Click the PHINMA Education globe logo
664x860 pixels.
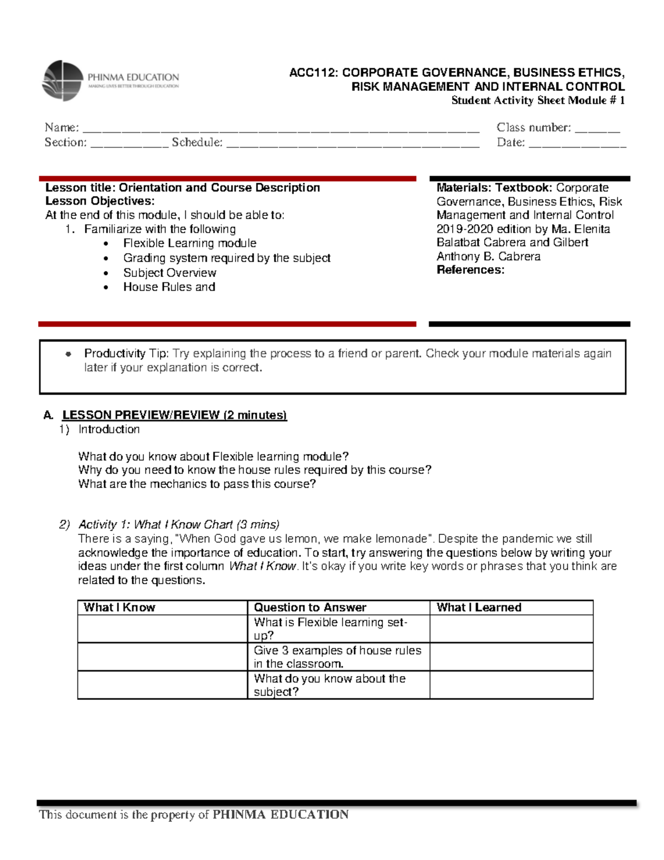63,81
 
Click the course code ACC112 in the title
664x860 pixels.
314,73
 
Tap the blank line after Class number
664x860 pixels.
597,128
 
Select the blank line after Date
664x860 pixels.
577,143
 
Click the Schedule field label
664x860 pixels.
197,142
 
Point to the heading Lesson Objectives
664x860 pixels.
100,201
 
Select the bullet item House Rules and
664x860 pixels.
169,287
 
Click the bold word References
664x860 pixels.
470,270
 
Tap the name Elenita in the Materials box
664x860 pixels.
592,229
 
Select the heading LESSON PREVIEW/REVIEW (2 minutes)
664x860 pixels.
174,415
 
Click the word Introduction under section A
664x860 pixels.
109,429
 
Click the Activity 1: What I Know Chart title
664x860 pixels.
178,524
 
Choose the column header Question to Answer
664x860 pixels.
310,607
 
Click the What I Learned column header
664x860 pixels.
479,607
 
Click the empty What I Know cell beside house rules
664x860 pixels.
162,657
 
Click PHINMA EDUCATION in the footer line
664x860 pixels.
281,815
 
